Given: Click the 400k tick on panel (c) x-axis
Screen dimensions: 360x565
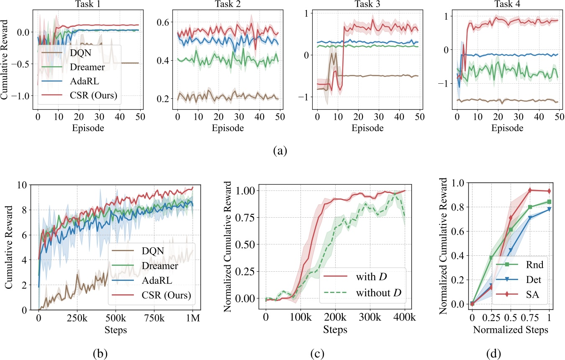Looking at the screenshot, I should click(x=406, y=319).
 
